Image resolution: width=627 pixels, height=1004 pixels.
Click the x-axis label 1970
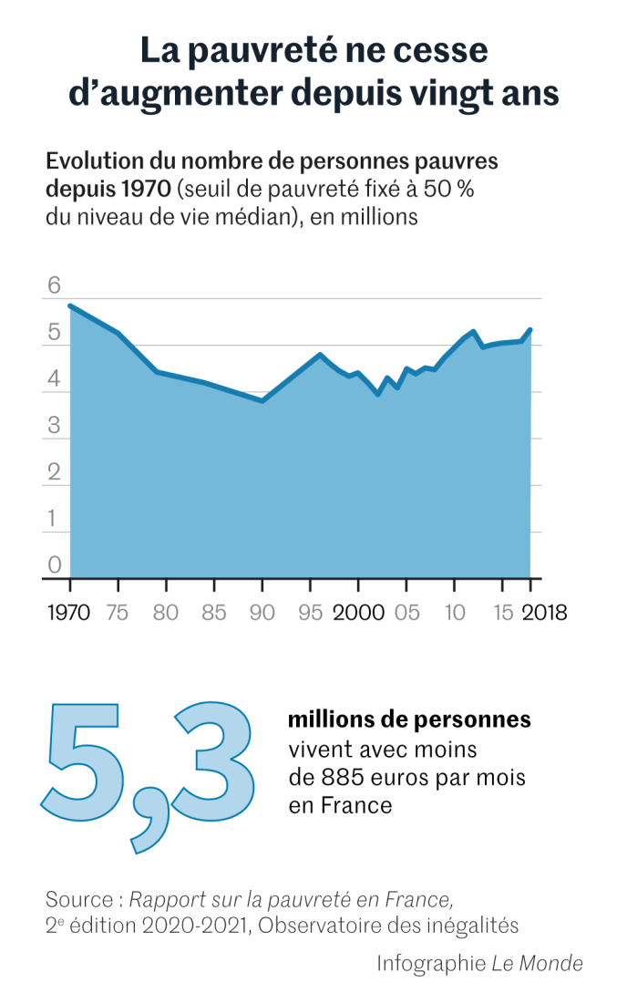[x=69, y=612]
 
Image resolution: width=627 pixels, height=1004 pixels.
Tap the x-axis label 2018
[x=543, y=612]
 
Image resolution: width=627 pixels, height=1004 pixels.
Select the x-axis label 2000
[x=358, y=612]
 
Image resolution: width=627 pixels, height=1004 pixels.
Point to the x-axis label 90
[x=262, y=612]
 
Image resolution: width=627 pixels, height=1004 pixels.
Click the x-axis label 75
[x=118, y=612]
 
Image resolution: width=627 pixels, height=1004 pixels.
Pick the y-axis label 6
[x=54, y=286]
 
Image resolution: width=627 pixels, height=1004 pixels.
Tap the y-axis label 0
[x=54, y=565]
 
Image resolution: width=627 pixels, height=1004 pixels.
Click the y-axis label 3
[x=54, y=426]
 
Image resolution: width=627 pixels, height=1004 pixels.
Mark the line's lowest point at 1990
[x=262, y=400]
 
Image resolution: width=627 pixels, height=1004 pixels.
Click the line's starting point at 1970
[x=70, y=305]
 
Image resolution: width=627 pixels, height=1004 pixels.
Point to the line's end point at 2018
[x=530, y=329]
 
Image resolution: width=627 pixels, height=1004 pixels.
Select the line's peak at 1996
[x=320, y=354]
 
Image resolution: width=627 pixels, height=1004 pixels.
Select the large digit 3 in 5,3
[x=212, y=756]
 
